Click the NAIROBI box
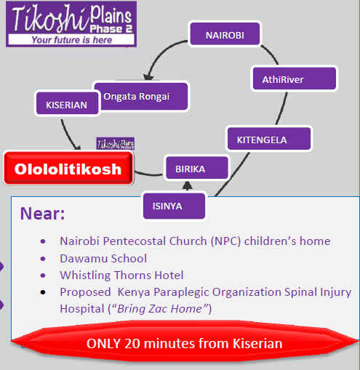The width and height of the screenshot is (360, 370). [x=225, y=34]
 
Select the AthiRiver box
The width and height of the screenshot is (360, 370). [x=295, y=79]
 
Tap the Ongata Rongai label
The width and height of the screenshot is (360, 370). [x=137, y=97]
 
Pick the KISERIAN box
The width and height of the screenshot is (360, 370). [x=67, y=103]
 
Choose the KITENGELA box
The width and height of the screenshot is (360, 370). [x=269, y=138]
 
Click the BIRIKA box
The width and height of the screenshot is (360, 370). [x=197, y=168]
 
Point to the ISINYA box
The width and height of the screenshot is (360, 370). [x=174, y=206]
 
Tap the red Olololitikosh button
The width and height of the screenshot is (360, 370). [x=68, y=168]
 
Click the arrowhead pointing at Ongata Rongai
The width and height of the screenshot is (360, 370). [x=148, y=76]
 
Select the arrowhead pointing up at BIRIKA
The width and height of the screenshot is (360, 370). [x=187, y=185]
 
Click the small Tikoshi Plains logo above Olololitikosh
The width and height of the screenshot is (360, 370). [x=116, y=144]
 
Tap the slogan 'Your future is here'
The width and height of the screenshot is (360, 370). [x=72, y=40]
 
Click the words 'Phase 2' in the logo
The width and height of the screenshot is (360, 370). [x=111, y=29]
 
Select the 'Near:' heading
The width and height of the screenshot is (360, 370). [x=43, y=214]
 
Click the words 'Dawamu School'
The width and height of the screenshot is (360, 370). [x=103, y=259]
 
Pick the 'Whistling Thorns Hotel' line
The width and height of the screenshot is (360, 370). [x=121, y=276]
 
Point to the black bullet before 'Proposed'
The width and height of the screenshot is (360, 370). [x=43, y=292]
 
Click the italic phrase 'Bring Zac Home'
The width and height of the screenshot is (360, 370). [x=160, y=309]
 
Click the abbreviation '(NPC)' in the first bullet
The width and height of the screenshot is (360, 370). [x=225, y=241]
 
